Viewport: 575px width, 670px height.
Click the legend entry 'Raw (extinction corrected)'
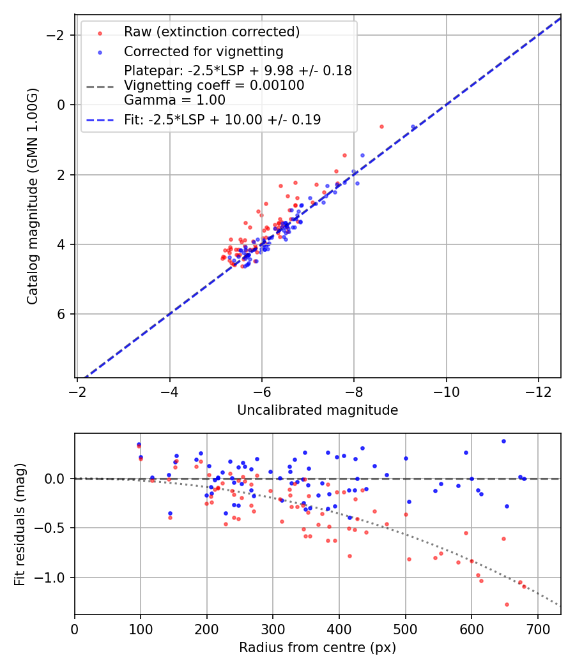tap(211, 32)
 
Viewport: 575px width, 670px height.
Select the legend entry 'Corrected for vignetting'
tap(203, 51)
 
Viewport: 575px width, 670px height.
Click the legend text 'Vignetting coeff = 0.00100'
tap(214, 85)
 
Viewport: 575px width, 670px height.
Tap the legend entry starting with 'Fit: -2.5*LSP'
tap(222, 119)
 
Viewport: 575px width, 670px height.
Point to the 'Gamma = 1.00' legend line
tap(174, 100)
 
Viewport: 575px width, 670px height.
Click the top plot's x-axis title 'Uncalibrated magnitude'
tap(318, 410)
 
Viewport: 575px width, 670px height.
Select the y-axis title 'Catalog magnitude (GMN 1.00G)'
tap(33, 197)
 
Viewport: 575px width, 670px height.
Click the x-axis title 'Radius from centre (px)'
tap(318, 648)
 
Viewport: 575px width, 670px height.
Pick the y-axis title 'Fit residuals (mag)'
tap(20, 524)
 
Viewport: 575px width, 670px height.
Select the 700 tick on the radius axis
tap(537, 629)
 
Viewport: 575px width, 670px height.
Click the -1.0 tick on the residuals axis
tap(54, 577)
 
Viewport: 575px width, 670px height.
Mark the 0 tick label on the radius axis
tap(75, 629)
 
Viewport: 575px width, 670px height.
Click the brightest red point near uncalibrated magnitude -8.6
tap(381, 126)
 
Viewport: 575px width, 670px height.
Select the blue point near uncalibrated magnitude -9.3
tap(413, 127)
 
